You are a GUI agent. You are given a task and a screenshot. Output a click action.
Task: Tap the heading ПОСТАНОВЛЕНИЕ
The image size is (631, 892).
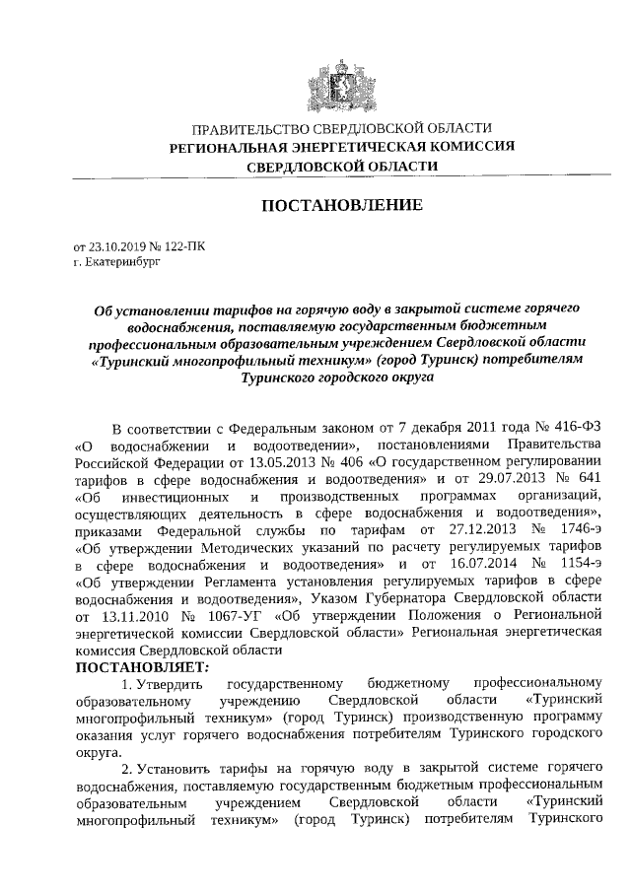coord(341,205)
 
